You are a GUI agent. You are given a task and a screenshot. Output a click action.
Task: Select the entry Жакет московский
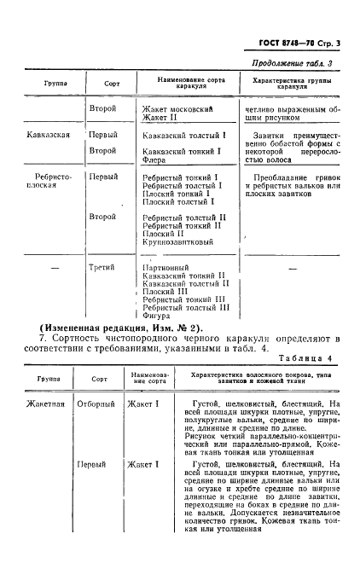(177, 109)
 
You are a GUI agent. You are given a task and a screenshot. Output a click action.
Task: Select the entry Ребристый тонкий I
(182, 177)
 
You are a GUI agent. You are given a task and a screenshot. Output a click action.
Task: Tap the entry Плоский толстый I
(177, 202)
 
